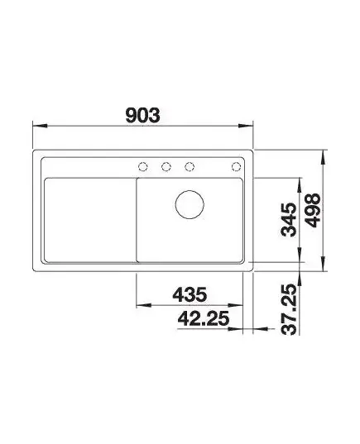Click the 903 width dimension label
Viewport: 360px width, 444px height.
pos(142,115)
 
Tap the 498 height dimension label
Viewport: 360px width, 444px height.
pos(314,210)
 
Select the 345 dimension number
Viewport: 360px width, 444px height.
pos(289,219)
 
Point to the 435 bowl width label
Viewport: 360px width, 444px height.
pos(190,294)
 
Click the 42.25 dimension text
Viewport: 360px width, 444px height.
pos(204,318)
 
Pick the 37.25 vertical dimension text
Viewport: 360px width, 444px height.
pos(289,309)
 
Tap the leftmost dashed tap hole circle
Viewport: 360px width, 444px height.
pos(143,167)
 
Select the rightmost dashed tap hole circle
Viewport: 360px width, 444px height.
pos(236,167)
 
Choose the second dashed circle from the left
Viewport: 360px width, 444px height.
pos(166,167)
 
